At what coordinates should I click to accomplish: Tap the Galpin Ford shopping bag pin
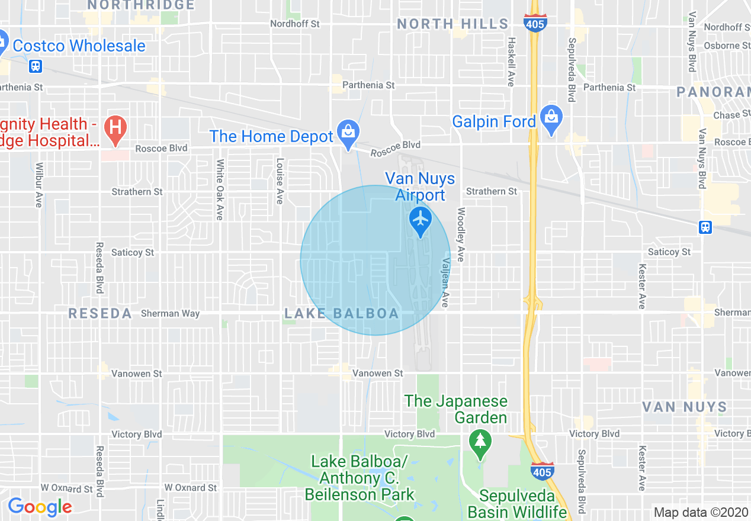tap(551, 119)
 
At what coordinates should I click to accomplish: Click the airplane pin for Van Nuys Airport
tap(421, 220)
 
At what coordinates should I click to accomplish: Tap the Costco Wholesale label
tap(79, 46)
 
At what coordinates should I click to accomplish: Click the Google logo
tap(40, 507)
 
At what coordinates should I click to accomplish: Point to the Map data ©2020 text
tap(701, 512)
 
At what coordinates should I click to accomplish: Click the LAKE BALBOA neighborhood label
tap(342, 314)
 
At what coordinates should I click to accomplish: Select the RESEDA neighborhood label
tap(100, 314)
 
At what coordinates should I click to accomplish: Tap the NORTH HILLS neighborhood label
tap(452, 24)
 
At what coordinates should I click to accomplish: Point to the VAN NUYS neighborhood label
tap(684, 407)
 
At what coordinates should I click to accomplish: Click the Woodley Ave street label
tap(460, 234)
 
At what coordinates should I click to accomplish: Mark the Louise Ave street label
tap(279, 181)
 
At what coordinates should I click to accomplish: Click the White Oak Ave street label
tap(219, 189)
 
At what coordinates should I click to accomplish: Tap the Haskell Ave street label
tap(511, 62)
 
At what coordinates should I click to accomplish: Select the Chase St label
tap(727, 115)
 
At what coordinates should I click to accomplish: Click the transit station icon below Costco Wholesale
tap(36, 66)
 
